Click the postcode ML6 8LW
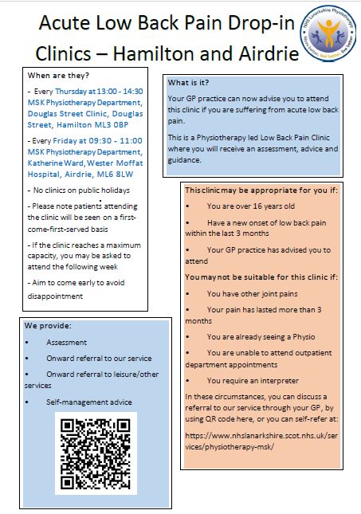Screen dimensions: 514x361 (118, 173)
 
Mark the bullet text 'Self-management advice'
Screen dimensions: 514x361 (89, 402)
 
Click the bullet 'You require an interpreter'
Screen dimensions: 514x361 (253, 381)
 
